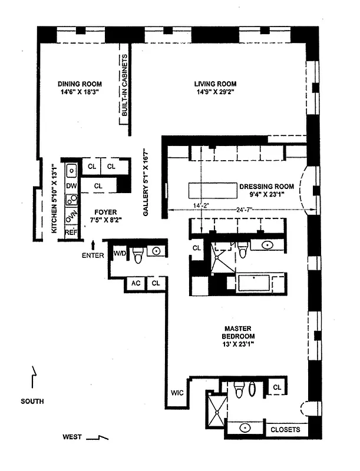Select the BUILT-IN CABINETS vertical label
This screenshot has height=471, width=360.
coord(124,89)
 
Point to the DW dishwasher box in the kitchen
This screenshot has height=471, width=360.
coord(71,186)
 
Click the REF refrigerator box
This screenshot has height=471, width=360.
coord(71,233)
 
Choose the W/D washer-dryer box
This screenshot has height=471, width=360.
coord(120,254)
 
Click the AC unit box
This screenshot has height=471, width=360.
coord(136,283)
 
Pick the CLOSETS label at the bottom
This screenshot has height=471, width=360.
coord(285,429)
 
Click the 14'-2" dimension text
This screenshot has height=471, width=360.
coord(184,205)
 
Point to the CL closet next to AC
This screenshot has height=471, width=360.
coord(156,283)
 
